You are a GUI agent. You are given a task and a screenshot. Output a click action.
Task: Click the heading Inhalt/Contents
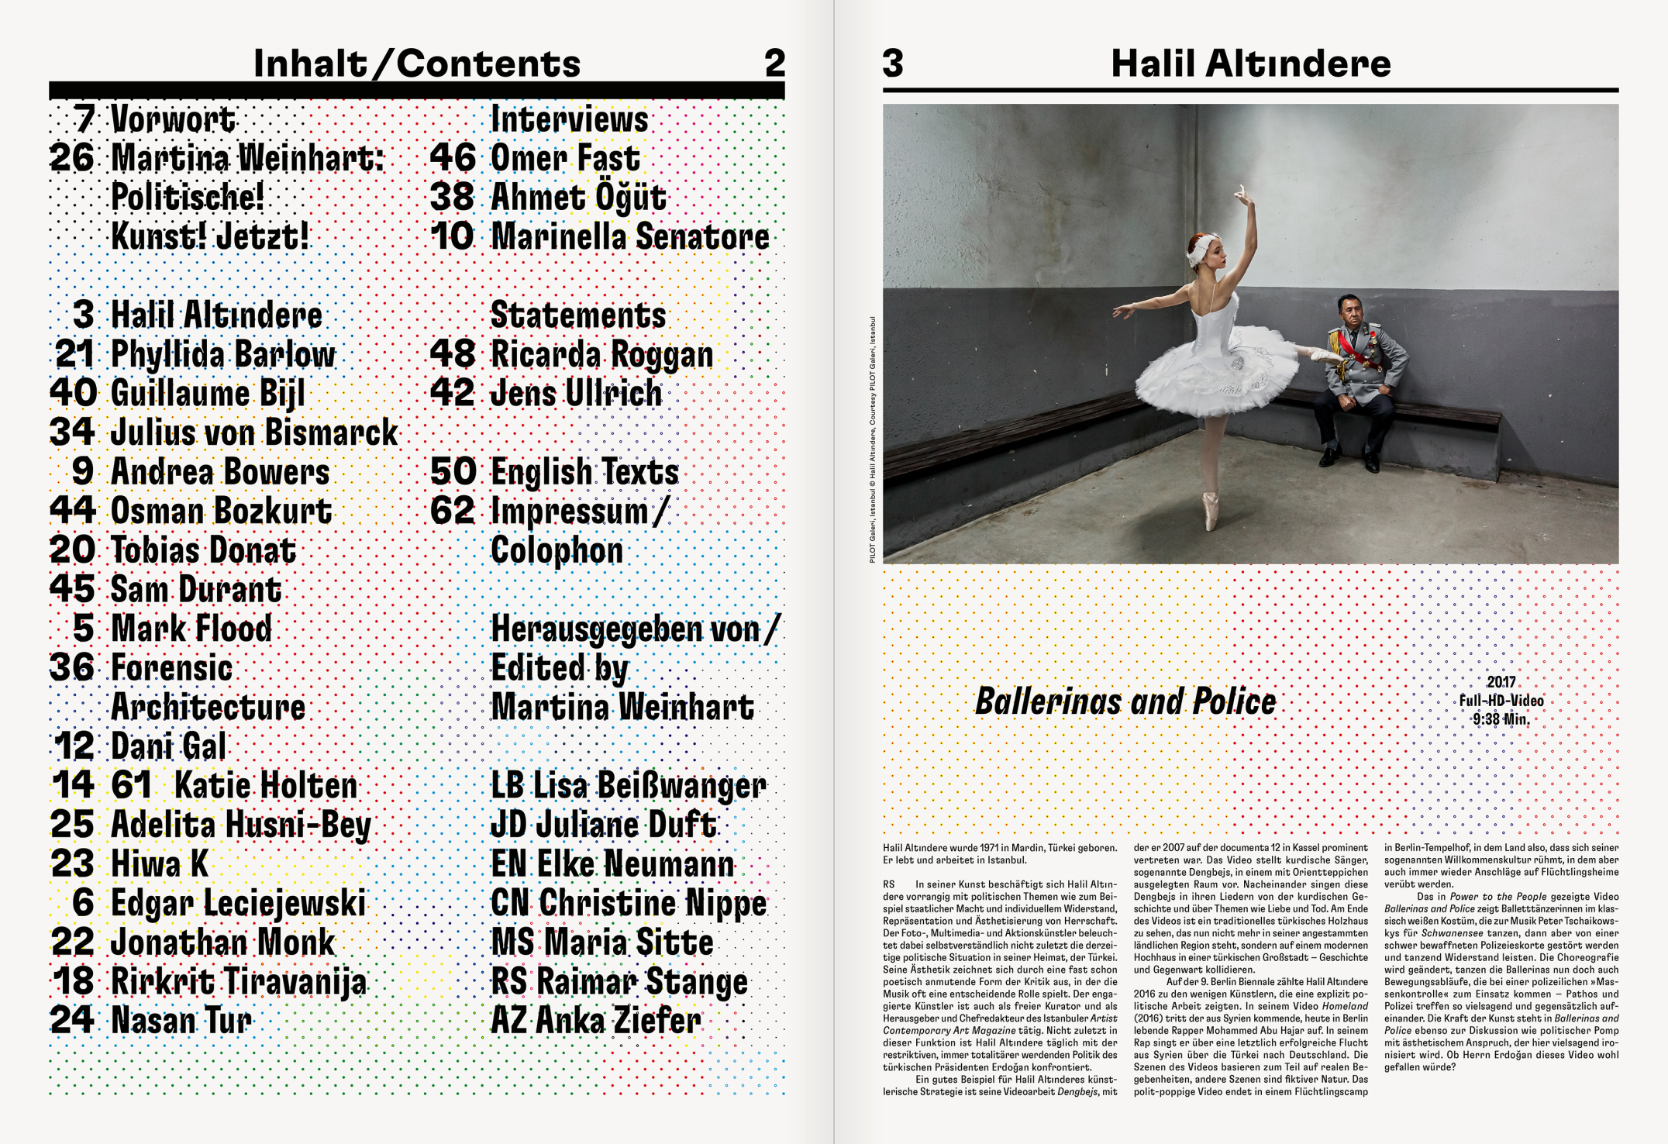pyautogui.click(x=416, y=64)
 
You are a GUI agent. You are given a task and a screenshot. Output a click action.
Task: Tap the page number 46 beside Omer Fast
pyautogui.click(x=453, y=157)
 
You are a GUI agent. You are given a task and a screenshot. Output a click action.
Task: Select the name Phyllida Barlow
pyautogui.click(x=223, y=354)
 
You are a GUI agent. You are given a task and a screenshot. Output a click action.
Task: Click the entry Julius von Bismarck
pyautogui.click(x=254, y=432)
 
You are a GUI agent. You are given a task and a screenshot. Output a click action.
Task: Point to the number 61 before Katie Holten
pyautogui.click(x=131, y=785)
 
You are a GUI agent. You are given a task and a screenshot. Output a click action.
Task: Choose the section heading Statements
pyautogui.click(x=578, y=315)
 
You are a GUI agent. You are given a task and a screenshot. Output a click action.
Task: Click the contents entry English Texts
pyautogui.click(x=584, y=472)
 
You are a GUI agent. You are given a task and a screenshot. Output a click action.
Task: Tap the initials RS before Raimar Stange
pyautogui.click(x=509, y=982)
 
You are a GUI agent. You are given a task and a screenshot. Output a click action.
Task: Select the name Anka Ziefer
pyautogui.click(x=618, y=1021)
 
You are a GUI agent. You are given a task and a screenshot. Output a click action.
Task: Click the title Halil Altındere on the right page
pyautogui.click(x=1250, y=64)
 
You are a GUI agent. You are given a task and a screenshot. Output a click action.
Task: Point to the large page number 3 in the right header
pyautogui.click(x=893, y=64)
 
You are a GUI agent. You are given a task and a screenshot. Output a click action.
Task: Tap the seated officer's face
pyautogui.click(x=1350, y=310)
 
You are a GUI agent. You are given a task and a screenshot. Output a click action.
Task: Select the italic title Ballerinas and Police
pyautogui.click(x=1125, y=701)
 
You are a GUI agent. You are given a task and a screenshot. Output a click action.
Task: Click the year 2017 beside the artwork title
pyautogui.click(x=1501, y=682)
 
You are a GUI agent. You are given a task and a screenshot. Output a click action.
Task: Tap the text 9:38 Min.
pyautogui.click(x=1501, y=719)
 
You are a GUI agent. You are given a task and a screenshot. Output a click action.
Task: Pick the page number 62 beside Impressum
pyautogui.click(x=453, y=511)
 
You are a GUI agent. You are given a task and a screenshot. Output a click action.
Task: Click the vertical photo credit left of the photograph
pyautogui.click(x=872, y=439)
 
